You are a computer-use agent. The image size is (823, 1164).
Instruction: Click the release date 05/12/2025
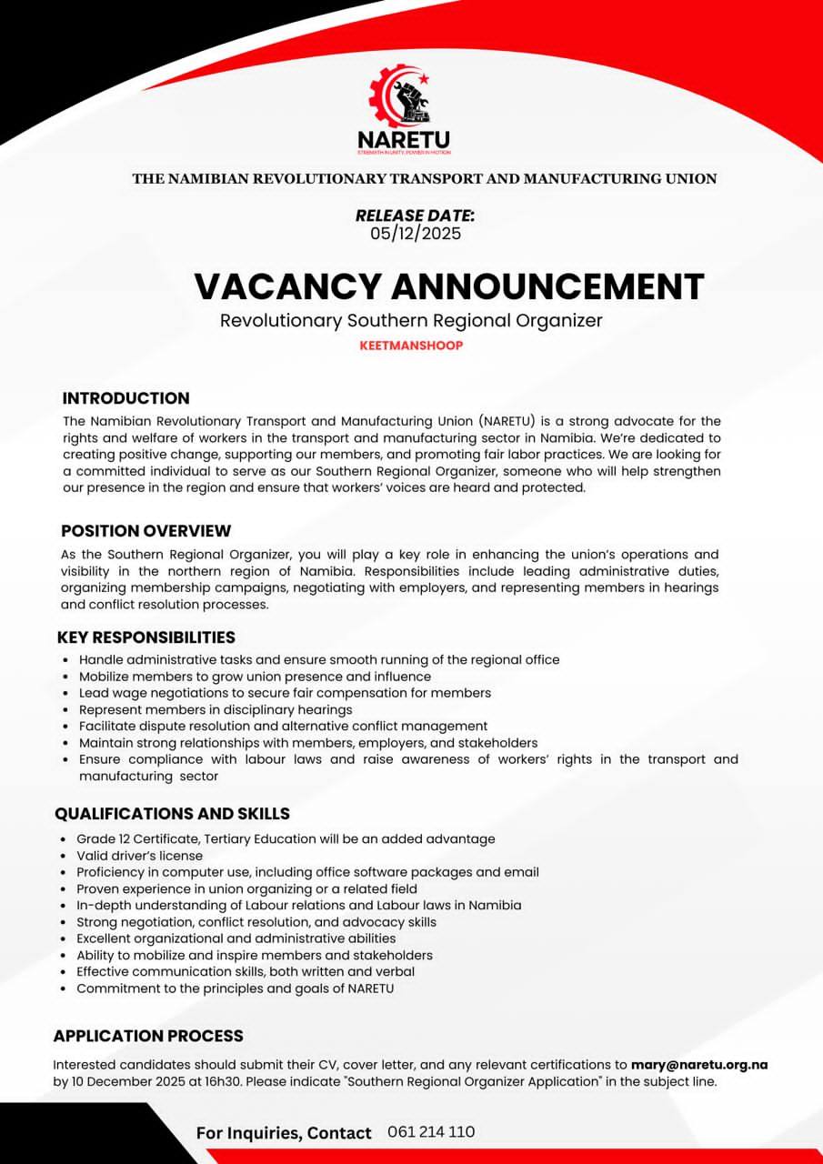coord(416,234)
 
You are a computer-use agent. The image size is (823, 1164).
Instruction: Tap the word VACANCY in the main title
coord(287,286)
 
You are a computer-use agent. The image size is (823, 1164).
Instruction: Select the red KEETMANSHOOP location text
coord(411,346)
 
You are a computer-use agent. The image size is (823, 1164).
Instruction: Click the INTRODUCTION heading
coord(125,398)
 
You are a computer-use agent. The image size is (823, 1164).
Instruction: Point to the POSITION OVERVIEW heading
coord(146,531)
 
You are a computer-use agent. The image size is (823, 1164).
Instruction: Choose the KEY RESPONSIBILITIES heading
coord(146,637)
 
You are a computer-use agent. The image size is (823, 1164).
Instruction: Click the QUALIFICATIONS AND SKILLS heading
coord(172,814)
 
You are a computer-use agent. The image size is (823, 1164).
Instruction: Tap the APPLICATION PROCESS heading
coord(148,1036)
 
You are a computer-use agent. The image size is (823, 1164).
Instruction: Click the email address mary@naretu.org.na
coord(699,1065)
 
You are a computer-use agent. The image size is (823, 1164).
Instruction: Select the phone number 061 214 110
coord(431,1132)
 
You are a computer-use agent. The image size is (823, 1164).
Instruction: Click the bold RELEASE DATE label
coord(415,216)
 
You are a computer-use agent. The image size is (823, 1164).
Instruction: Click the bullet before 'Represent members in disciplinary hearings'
coord(65,710)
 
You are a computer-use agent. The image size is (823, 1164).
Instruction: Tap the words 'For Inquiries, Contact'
coord(284,1133)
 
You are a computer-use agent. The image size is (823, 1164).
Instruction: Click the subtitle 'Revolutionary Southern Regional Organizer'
coord(411,320)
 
